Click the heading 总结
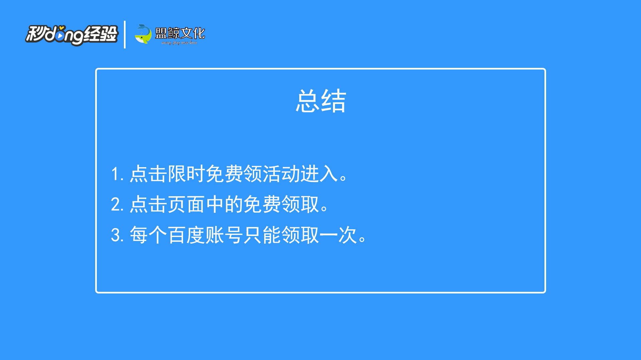pos(321,101)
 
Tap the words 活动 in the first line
pos(281,174)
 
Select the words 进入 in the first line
pos(319,174)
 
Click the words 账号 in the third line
pos(224,235)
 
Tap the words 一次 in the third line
pos(338,235)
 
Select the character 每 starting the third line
pos(139,235)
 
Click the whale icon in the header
pos(143,34)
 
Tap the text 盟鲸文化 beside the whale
pos(180,33)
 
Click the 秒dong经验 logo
pos(72,35)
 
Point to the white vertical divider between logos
pos(125,34)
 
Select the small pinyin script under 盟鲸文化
pos(179,43)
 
